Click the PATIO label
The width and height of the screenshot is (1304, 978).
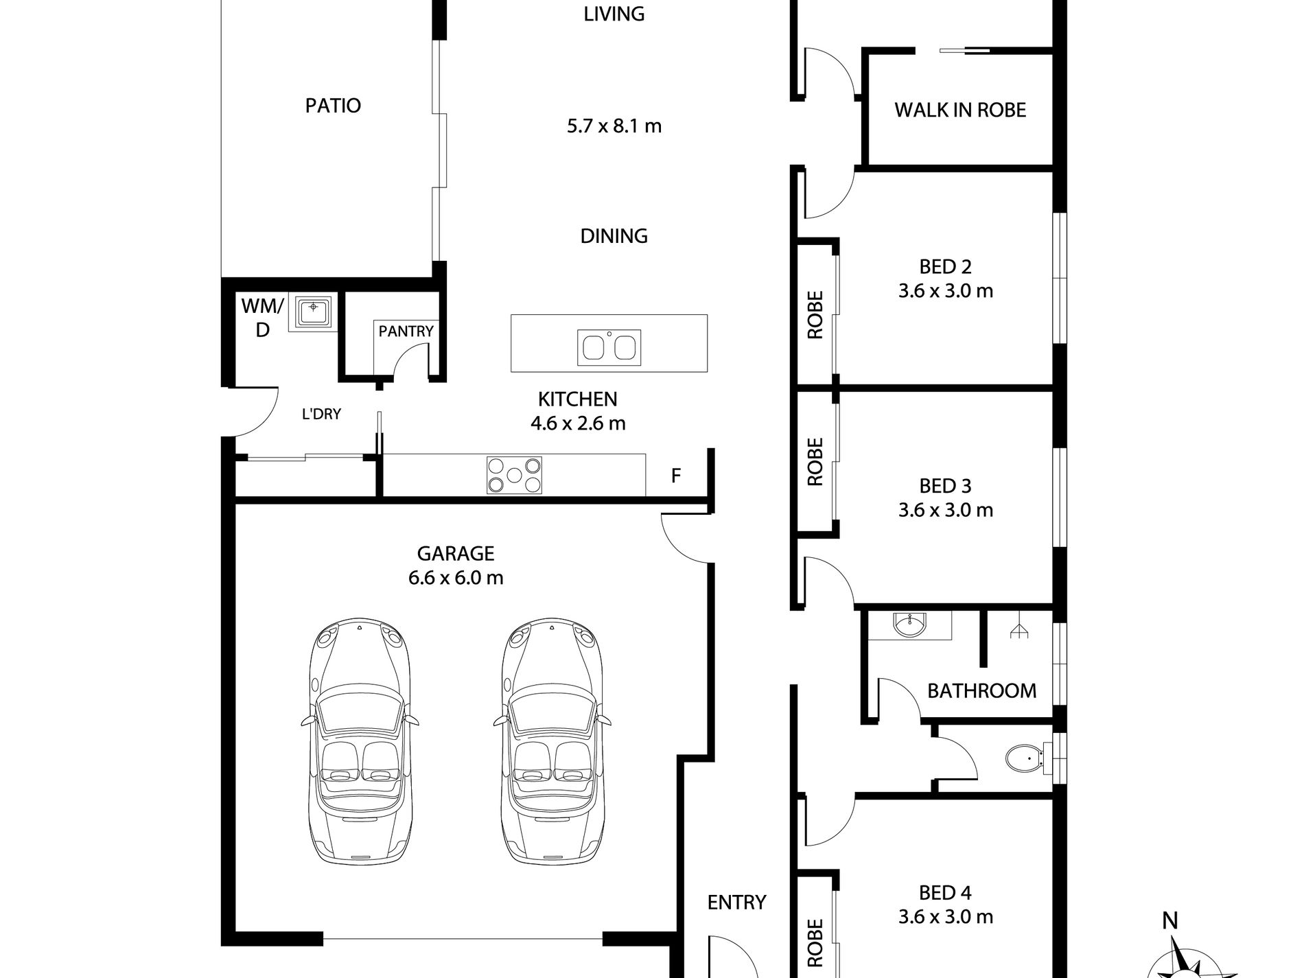(x=333, y=106)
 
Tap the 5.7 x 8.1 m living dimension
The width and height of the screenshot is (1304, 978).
(x=614, y=126)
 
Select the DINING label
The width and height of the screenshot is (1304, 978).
(x=614, y=236)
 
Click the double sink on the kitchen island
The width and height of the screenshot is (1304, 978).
(x=609, y=346)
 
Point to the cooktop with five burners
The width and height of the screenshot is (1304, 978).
(x=514, y=475)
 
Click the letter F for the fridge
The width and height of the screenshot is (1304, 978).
(x=676, y=476)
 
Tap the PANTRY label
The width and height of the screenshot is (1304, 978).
(x=406, y=331)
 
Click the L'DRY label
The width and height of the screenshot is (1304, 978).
(x=321, y=414)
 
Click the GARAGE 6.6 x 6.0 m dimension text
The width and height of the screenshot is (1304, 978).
(x=456, y=578)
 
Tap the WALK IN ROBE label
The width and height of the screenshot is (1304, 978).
(x=960, y=110)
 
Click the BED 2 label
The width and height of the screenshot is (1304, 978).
(x=945, y=266)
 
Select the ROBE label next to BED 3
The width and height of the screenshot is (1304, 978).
(x=815, y=462)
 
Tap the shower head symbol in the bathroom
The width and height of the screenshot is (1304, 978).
(x=1018, y=631)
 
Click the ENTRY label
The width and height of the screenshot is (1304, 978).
(x=736, y=902)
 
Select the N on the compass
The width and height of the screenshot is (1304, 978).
(x=1170, y=920)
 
